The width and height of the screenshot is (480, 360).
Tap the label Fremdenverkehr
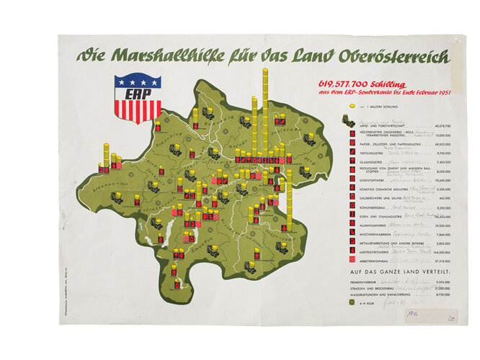coord(375,284)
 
